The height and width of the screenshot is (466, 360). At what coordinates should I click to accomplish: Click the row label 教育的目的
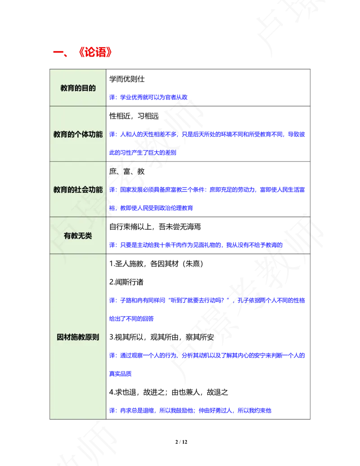[x=78, y=88]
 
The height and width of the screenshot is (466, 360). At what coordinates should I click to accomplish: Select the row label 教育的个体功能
[x=78, y=134]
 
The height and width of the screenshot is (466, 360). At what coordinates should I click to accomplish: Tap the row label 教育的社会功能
[x=78, y=190]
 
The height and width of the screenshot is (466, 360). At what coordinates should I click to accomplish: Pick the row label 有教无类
[x=78, y=235]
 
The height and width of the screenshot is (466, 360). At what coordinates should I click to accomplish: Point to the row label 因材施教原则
[x=78, y=337]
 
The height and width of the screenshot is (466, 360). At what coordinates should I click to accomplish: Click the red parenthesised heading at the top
[x=95, y=52]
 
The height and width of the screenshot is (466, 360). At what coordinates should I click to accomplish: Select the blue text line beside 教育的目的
[x=148, y=97]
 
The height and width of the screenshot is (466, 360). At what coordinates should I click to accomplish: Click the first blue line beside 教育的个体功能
[x=207, y=134]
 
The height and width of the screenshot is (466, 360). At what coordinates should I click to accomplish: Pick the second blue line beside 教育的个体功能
[x=143, y=153]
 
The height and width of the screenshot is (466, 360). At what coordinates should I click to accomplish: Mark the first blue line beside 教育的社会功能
[x=207, y=190]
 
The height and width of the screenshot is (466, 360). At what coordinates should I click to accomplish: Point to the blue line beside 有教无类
[x=196, y=245]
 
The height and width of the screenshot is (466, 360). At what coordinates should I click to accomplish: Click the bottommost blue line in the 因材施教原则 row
[x=191, y=411]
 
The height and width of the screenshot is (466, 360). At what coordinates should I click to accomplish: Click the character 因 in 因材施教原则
[x=60, y=337]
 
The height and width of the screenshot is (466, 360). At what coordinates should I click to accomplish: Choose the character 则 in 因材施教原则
[x=95, y=337]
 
